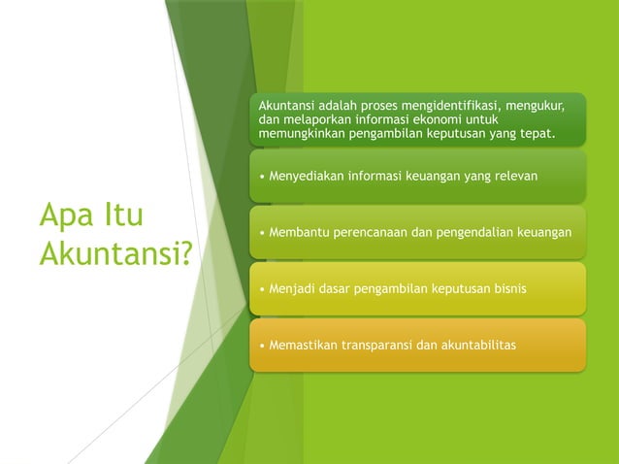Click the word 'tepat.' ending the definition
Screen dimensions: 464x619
[538, 134]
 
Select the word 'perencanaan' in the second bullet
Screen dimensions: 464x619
[366, 233]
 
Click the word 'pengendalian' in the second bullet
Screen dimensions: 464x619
[472, 233]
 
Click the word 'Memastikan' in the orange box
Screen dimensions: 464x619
[300, 346]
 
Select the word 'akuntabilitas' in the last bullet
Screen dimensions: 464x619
[478, 346]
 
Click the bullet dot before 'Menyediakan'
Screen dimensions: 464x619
[260, 177]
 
